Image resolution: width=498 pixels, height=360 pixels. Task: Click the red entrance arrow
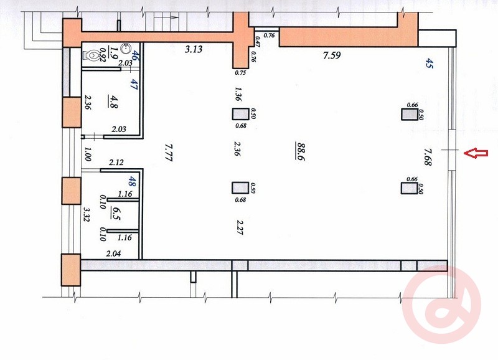(x=476, y=153)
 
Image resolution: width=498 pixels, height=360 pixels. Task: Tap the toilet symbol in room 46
(x=91, y=55)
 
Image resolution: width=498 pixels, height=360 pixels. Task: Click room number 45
(x=429, y=64)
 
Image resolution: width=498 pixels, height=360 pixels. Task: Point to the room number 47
(x=134, y=85)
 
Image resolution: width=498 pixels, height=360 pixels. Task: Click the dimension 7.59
(x=332, y=55)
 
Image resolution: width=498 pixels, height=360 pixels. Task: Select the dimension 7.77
(x=168, y=153)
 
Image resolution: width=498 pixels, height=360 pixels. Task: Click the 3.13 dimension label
(x=194, y=49)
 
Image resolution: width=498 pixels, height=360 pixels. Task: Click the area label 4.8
(x=113, y=102)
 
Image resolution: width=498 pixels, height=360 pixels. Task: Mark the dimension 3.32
(x=87, y=214)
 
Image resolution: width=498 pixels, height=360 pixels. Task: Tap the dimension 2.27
(x=239, y=227)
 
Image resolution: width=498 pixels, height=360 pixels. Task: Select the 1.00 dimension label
(x=88, y=154)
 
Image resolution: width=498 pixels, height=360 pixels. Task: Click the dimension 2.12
(x=116, y=163)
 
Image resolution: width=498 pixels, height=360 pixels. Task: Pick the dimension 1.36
(x=238, y=94)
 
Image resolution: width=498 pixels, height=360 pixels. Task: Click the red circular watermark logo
(x=441, y=305)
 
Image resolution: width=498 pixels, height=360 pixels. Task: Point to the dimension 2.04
(x=113, y=253)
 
